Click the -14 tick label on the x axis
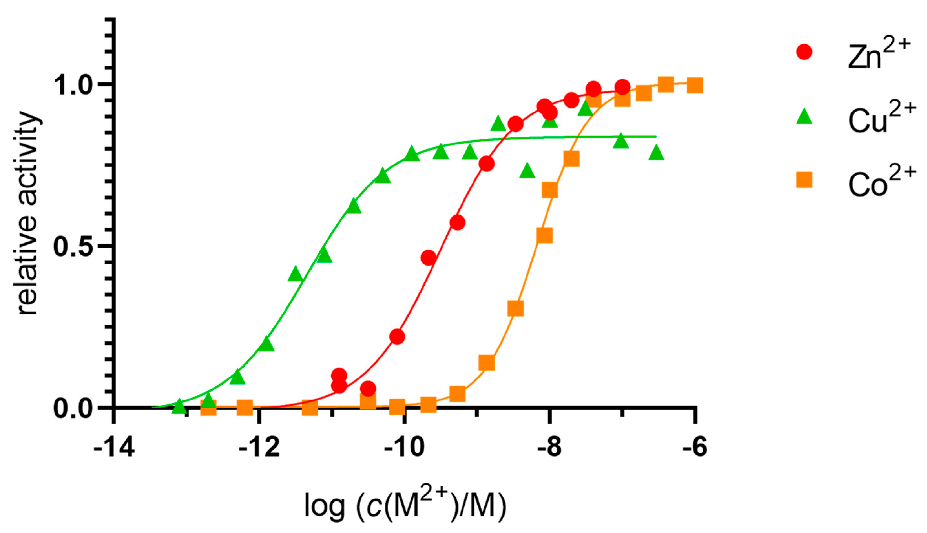coord(114,449)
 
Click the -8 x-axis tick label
coord(549,449)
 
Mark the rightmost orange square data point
coord(694,86)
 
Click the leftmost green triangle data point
coord(179,406)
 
